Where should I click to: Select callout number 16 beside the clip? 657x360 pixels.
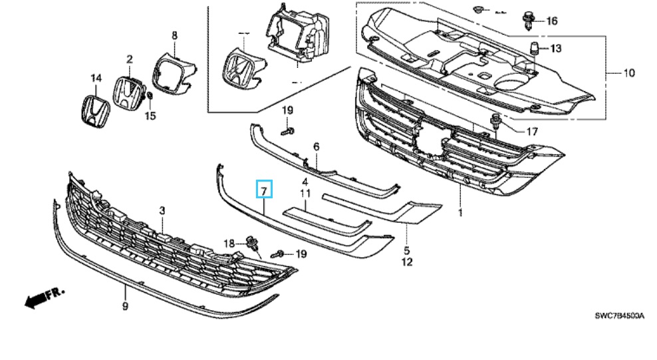pos(551,21)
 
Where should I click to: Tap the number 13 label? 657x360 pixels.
pos(555,49)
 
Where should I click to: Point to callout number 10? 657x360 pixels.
pos(628,73)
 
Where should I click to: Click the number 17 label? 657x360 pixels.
pos(531,132)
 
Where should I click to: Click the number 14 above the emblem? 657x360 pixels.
pos(96,79)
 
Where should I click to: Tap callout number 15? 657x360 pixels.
pos(150,116)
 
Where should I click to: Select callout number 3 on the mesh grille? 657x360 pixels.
pos(162,210)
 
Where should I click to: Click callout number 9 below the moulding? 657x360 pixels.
pos(125,306)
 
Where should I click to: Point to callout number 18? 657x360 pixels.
pos(229,244)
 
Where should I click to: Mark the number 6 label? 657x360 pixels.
pos(317,146)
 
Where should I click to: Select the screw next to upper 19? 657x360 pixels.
pos(285,130)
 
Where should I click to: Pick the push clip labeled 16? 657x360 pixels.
pos(529,20)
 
